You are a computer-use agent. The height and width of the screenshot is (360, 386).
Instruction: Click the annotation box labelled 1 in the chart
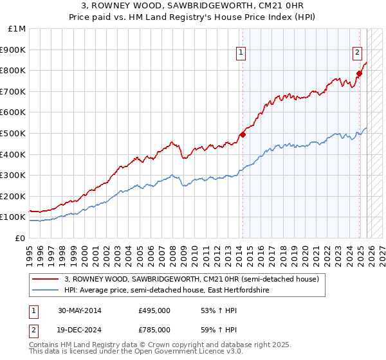pos(240,53)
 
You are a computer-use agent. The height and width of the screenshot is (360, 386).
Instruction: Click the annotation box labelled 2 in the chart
pos(356,53)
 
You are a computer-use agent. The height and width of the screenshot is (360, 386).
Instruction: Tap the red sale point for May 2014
pos(243,134)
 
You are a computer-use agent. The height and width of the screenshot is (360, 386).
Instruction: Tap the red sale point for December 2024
pos(359,73)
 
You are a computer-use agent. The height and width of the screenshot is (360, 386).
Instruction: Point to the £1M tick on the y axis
pos(17,28)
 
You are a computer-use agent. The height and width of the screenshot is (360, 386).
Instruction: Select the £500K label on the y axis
pos(14,133)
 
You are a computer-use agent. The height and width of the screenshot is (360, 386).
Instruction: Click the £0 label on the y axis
pos(20,238)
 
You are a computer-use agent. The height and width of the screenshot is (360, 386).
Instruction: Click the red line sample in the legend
pos(46,279)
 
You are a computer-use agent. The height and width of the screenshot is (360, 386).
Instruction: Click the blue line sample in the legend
pos(46,291)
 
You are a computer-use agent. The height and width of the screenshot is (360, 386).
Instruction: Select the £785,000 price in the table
pos(154,331)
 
